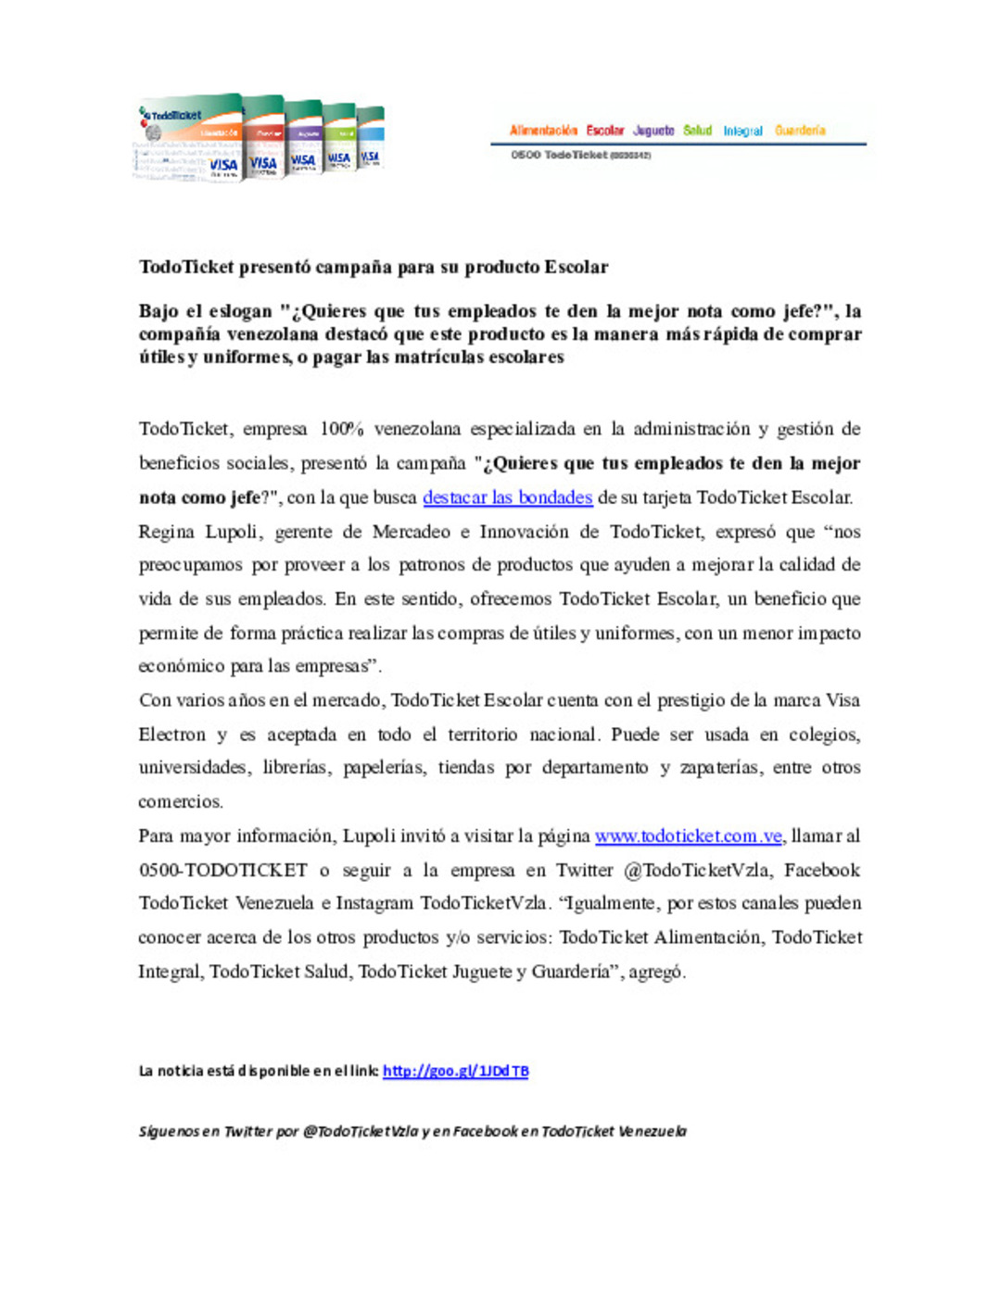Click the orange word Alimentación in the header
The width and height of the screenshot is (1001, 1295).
pos(543,131)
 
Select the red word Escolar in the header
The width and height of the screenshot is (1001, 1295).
pos(605,131)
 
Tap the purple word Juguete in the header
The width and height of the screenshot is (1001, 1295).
pos(653,131)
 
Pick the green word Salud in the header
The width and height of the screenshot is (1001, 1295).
pos(698,131)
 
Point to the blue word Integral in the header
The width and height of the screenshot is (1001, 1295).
pos(743,132)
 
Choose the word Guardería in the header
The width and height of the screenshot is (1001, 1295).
pos(800,131)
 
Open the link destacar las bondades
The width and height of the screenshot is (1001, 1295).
pos(507,497)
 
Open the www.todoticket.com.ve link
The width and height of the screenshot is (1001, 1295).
pos(689,836)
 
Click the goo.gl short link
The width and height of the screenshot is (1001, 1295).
pos(455,1071)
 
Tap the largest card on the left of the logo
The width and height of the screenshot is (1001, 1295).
pos(190,139)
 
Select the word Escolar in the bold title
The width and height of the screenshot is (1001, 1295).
pos(576,268)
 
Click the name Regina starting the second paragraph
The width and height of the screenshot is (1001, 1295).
pos(167,532)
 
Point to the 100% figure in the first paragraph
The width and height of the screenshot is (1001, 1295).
pos(341,429)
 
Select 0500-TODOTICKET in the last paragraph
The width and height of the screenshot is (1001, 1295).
pos(223,870)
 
